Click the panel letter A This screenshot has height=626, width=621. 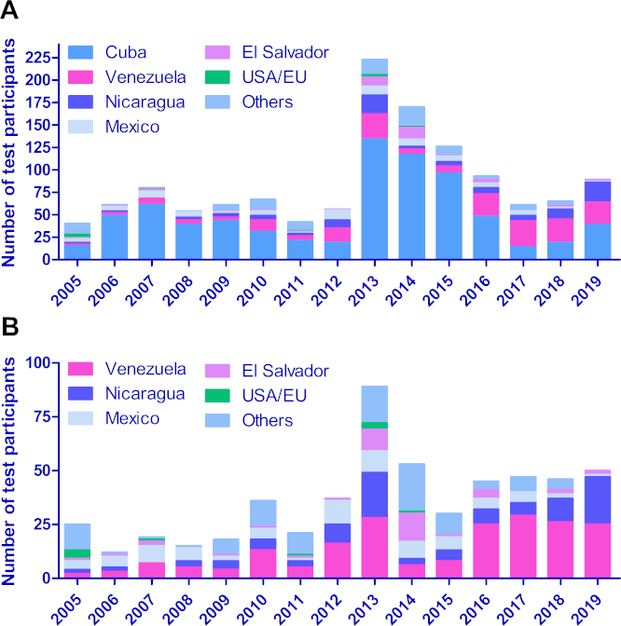tap(12, 12)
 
